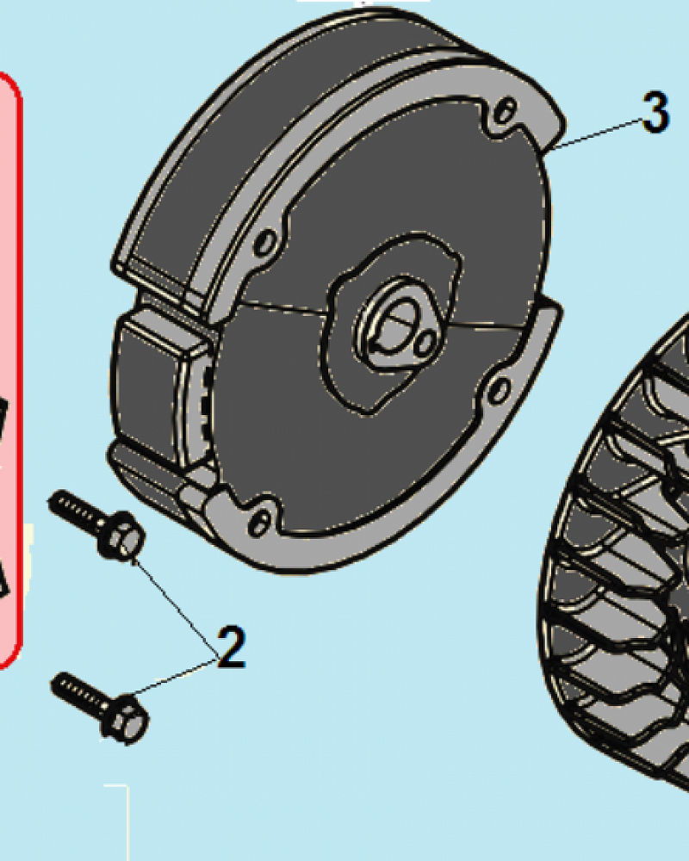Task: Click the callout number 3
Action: tap(655, 112)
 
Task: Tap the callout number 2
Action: tap(232, 647)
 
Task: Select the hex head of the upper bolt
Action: tap(122, 536)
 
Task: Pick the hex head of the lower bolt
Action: tap(125, 719)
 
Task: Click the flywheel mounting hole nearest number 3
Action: tap(506, 111)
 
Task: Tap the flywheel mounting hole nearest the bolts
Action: tap(258, 523)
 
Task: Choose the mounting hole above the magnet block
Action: tap(266, 242)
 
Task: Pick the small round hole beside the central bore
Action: tap(424, 345)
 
